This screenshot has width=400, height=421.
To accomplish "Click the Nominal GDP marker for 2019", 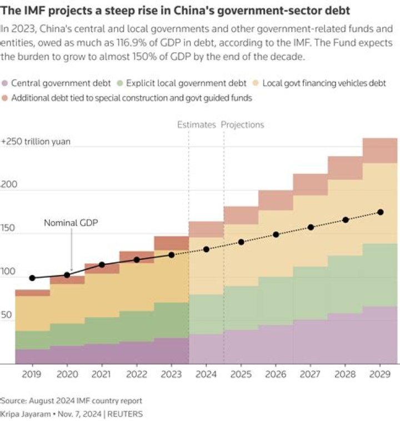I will pyautogui.click(x=32, y=278).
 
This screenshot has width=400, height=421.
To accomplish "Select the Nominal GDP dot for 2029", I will pyautogui.click(x=381, y=212).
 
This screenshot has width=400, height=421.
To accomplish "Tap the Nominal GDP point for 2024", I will pyautogui.click(x=206, y=249).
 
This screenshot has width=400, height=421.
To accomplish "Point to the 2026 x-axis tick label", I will pyautogui.click(x=276, y=375).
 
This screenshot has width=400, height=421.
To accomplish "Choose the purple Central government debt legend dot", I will pyautogui.click(x=5, y=84).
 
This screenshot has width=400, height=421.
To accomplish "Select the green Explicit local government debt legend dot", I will pyautogui.click(x=120, y=84).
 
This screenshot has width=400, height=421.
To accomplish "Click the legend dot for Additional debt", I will pyautogui.click(x=5, y=98).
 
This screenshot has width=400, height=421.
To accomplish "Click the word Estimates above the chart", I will pyautogui.click(x=196, y=125).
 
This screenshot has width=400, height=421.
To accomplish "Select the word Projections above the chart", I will pyautogui.click(x=242, y=125).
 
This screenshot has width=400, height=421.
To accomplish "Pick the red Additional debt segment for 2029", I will pyautogui.click(x=381, y=151).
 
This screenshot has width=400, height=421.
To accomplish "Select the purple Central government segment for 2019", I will pyautogui.click(x=32, y=357).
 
